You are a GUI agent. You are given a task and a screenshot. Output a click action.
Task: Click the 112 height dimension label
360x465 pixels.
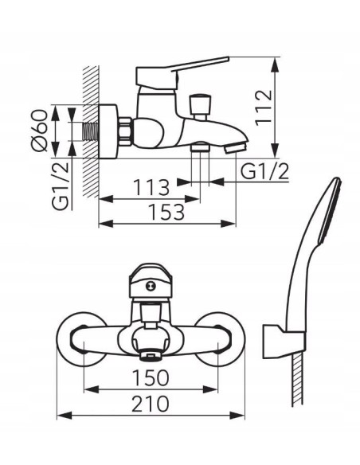click(x=264, y=107)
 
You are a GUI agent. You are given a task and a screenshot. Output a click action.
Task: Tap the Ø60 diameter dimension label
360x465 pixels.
click(x=39, y=131)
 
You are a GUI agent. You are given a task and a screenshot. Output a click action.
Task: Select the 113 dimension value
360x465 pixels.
click(x=151, y=187)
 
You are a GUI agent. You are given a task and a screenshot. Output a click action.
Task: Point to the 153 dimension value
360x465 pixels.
click(x=166, y=212)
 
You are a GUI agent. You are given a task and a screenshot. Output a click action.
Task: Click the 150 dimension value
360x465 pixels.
click(x=151, y=377)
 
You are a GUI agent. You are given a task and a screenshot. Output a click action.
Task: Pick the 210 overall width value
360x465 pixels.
click(x=151, y=404)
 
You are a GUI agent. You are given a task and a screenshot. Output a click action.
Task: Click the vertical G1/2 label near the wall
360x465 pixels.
click(x=61, y=186)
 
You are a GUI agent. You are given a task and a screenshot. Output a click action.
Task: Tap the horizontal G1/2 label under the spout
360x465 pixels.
click(x=264, y=171)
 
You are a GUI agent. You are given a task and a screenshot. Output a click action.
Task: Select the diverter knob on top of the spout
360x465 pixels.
click(x=198, y=107)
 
